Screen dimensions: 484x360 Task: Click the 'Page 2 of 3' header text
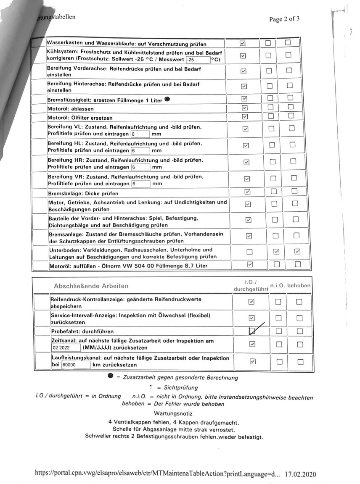click(284, 19)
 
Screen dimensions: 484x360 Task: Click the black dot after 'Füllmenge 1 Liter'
click(167, 100)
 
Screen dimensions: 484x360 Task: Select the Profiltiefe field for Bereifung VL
click(140, 134)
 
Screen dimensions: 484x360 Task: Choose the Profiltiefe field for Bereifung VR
click(141, 184)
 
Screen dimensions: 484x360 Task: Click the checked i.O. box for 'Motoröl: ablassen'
click(245, 108)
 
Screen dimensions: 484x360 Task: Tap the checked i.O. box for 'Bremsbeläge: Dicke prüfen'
click(247, 192)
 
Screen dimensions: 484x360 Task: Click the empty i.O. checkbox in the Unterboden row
click(249, 252)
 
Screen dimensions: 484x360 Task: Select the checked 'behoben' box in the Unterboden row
click(297, 252)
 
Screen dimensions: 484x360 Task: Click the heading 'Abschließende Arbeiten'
click(91, 286)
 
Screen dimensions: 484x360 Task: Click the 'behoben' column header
click(299, 286)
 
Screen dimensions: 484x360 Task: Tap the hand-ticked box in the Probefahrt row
click(252, 331)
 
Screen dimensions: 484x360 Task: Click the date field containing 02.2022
click(66, 348)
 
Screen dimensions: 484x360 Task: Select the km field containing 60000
click(75, 365)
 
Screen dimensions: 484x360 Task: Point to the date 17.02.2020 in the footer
click(300, 474)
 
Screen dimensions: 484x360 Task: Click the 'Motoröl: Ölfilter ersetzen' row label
click(80, 118)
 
